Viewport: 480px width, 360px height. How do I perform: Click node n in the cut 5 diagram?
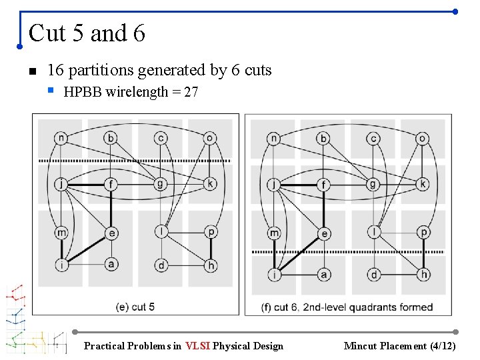tap(61, 139)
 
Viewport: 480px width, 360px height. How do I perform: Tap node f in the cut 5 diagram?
tap(111, 184)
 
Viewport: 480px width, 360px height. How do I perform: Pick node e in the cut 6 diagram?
tap(323, 233)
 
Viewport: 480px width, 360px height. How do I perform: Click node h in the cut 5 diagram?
tap(211, 265)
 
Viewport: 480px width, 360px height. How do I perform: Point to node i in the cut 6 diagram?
tap(274, 274)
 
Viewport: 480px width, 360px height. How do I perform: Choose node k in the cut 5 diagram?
tap(210, 184)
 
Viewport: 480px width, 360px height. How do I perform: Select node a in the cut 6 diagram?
tap(323, 274)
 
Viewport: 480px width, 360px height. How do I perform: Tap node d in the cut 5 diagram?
tap(161, 265)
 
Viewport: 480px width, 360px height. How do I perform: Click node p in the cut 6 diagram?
tap(423, 233)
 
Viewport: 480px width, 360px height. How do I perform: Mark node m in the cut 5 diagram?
tap(61, 232)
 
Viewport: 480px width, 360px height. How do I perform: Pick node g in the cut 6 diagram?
tap(373, 184)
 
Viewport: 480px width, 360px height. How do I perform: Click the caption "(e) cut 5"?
tap(135, 307)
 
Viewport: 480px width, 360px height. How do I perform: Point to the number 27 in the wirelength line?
tap(191, 93)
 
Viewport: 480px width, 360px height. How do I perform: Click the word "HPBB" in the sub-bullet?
tap(83, 93)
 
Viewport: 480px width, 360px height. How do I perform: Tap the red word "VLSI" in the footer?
tap(198, 346)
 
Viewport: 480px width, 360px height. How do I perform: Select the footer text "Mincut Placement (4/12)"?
tap(399, 346)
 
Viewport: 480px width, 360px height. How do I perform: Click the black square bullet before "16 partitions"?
tap(31, 71)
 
